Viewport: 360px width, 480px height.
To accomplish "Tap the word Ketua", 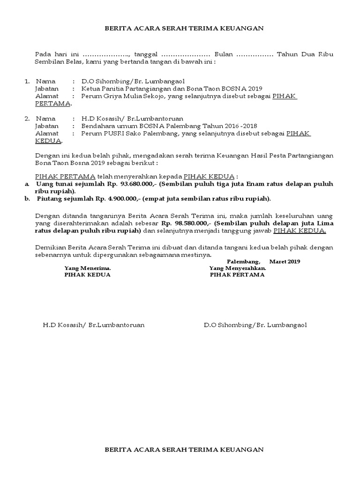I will [x=90, y=89].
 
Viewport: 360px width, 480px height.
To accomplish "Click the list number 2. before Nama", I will [x=27, y=119].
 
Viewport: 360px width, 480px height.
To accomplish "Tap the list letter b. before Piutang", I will [x=27, y=199].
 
